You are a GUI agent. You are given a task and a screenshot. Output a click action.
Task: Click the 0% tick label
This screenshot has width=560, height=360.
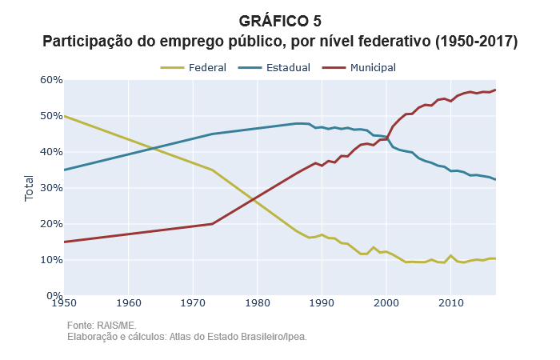[x=53, y=296]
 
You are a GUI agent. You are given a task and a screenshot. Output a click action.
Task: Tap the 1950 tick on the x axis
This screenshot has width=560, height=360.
[x=64, y=302]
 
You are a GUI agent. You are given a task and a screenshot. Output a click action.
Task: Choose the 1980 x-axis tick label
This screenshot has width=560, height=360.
[x=257, y=302]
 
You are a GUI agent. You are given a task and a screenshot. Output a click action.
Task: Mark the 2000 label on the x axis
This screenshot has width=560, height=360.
[x=386, y=302]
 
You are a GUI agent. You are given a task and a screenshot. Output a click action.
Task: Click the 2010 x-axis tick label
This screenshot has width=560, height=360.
[x=450, y=302]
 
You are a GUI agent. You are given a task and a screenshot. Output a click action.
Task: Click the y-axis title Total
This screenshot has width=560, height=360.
[x=30, y=188]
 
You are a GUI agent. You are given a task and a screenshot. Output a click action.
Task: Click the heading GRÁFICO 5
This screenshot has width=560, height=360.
[x=280, y=22]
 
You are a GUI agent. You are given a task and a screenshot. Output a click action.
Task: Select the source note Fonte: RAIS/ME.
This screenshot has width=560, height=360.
[x=102, y=326]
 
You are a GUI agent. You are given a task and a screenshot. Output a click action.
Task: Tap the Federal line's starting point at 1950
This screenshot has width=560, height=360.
[x=64, y=116]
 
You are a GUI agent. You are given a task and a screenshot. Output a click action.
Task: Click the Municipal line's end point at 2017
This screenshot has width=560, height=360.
[x=496, y=90]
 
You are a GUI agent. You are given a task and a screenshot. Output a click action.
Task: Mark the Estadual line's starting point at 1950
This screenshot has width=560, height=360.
[x=64, y=170]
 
